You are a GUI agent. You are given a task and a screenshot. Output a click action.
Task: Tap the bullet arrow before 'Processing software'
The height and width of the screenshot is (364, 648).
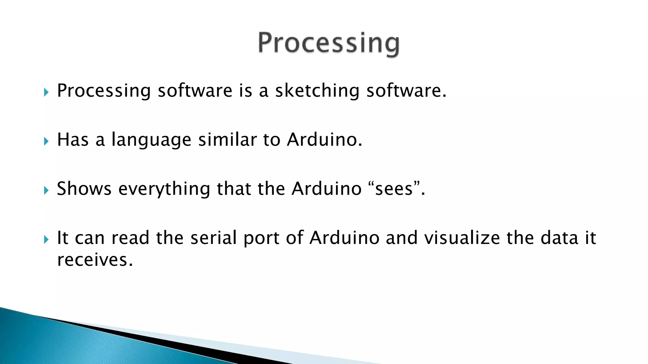[x=47, y=93]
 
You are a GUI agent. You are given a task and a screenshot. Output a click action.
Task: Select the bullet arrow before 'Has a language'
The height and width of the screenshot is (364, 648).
[x=47, y=141]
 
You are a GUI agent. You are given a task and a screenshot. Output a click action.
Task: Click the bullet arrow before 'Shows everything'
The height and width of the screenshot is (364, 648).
[x=47, y=190]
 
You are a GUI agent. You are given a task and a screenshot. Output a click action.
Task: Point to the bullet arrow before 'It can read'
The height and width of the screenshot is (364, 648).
[x=47, y=240]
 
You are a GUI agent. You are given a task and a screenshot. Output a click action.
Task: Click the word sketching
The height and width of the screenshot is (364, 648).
[x=317, y=91]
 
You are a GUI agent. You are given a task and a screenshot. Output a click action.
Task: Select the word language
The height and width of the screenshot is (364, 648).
[x=151, y=140]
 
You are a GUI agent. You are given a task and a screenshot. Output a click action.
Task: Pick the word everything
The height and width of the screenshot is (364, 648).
[x=164, y=189]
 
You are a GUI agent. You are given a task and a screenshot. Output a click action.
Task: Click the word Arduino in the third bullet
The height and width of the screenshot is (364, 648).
[x=326, y=189]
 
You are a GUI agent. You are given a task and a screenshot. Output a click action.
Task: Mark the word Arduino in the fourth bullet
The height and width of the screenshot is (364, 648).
[x=344, y=238]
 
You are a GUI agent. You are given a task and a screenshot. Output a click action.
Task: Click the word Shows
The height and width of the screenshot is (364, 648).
[x=84, y=189]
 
